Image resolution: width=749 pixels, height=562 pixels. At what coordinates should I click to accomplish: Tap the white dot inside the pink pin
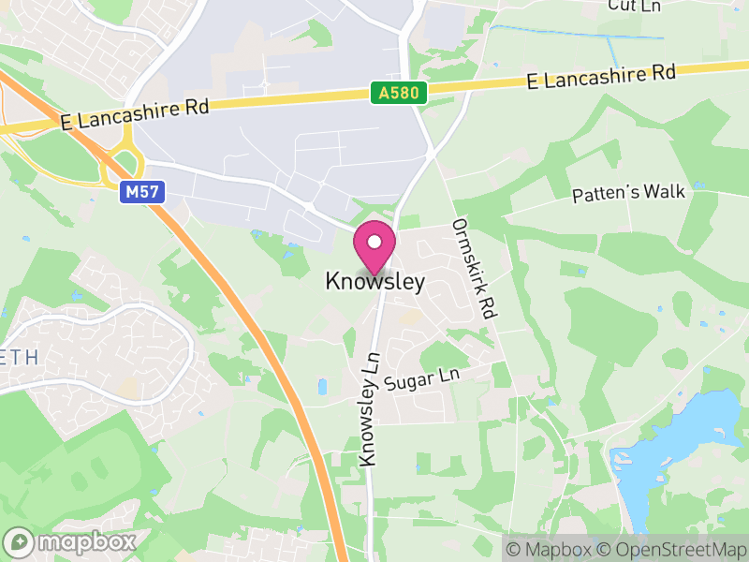tap(374, 242)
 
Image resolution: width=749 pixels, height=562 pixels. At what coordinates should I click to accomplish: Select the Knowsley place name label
tap(374, 281)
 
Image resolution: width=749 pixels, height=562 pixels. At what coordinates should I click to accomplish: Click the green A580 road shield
tap(399, 93)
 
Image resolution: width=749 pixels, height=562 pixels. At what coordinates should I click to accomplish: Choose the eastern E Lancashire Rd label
tap(600, 76)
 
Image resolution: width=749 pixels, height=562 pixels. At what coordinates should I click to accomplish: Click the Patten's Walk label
tap(629, 193)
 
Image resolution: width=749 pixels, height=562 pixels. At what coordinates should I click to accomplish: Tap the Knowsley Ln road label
tap(370, 408)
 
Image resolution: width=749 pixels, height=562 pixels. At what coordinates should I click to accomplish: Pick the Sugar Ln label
tap(423, 379)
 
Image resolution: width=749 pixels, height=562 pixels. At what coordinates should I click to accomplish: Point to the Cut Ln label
tap(635, 6)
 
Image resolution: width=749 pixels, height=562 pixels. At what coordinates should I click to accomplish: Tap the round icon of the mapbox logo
tap(20, 541)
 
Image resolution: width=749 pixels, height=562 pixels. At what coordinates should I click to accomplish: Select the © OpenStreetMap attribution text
tap(674, 549)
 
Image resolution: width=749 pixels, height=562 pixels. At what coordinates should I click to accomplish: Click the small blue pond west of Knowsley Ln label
tap(323, 386)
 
